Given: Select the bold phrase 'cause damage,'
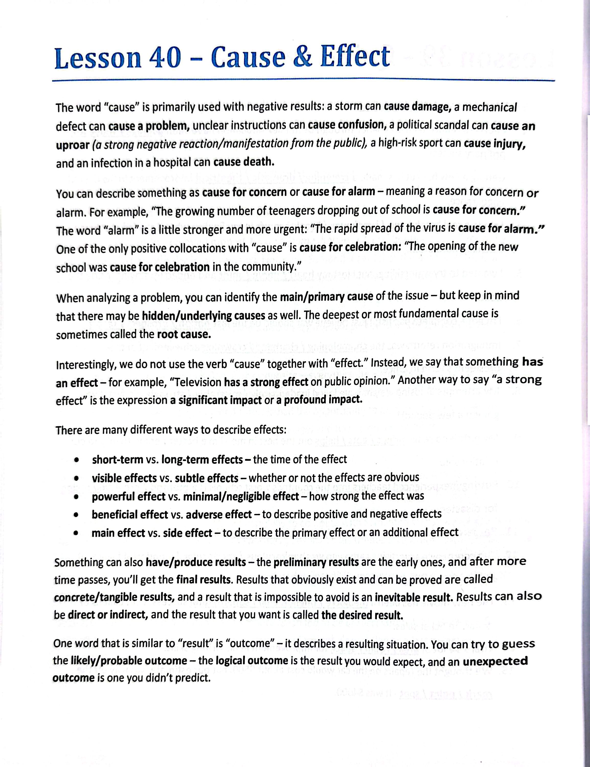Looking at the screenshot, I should click(417, 107).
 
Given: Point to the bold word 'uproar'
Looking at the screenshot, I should click(72, 144).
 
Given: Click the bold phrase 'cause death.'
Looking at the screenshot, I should click(243, 163).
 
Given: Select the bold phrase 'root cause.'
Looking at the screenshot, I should click(184, 334).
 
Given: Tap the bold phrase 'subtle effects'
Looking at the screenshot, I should click(207, 478).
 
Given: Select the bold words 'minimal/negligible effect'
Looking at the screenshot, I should click(241, 496).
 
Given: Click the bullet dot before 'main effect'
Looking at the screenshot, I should click(76, 533).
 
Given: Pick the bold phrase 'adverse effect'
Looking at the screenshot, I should click(219, 514).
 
